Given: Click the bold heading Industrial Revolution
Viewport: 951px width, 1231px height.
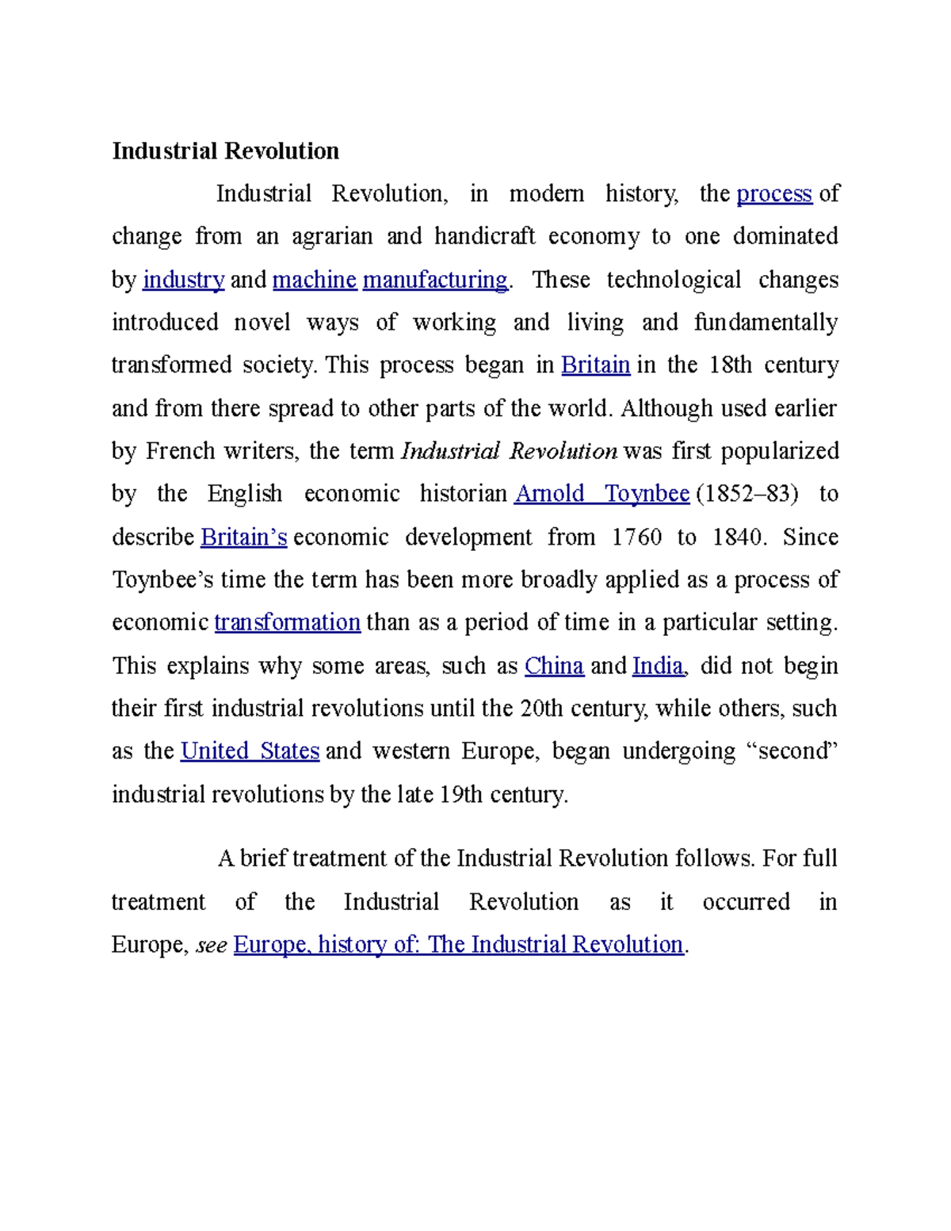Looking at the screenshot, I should point(225,151).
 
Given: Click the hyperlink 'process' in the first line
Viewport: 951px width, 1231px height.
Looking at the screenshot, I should point(774,193).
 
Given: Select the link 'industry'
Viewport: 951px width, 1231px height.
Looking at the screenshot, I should point(183,280).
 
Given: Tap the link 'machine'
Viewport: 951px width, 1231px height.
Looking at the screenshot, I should point(314,280).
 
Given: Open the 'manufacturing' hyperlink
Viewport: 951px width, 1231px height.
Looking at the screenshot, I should point(434,280).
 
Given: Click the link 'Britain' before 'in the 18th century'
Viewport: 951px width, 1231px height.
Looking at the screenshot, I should point(595,365).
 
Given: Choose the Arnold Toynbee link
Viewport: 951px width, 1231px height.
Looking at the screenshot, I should point(602,494).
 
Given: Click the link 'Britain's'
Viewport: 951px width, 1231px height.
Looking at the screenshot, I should point(243,537).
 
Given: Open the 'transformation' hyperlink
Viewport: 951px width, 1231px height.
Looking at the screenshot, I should point(287,622).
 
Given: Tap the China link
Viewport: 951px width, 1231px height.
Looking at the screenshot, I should point(554,666).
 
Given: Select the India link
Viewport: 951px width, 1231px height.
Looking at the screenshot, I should point(657,666).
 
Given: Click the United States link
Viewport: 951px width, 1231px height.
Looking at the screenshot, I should point(250,751).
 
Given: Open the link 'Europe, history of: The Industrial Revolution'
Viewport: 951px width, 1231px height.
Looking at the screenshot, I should point(458,945).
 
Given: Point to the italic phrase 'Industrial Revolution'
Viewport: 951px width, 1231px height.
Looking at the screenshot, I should point(509,451).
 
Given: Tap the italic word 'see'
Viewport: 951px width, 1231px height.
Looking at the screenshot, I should point(211,945).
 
